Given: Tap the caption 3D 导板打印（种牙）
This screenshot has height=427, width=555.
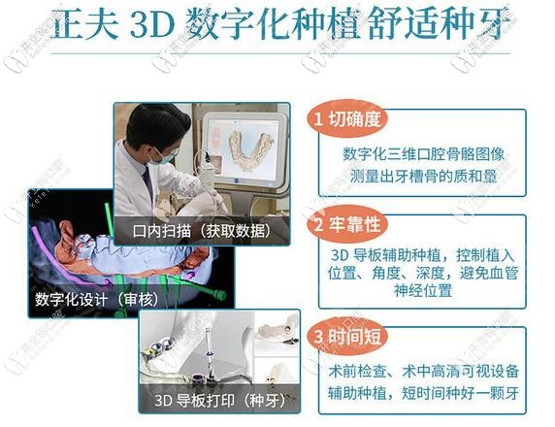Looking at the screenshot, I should (224, 400).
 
